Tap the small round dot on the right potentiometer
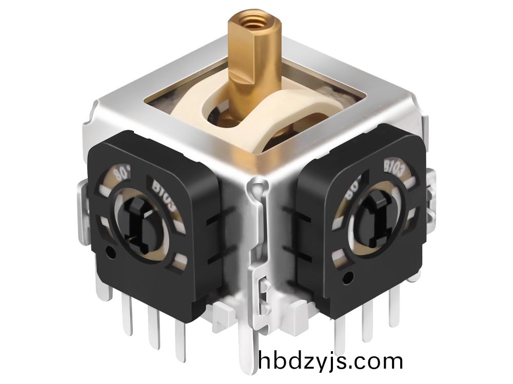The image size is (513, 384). tap(350, 278)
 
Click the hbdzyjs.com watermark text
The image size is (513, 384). tap(331, 361)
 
